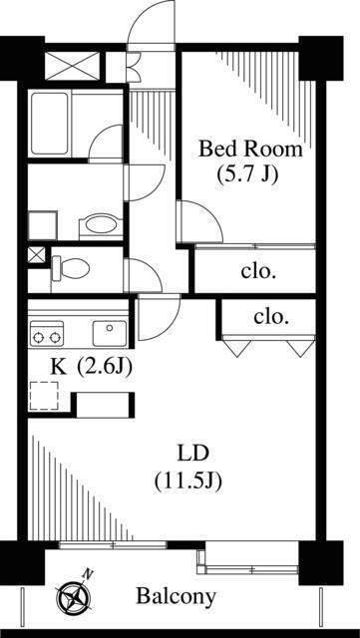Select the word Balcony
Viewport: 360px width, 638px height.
(x=176, y=597)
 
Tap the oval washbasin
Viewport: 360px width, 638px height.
(x=98, y=224)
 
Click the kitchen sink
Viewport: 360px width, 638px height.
(x=107, y=331)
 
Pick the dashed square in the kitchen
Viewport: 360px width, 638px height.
(x=45, y=396)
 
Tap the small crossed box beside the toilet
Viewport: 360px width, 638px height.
(x=36, y=254)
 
